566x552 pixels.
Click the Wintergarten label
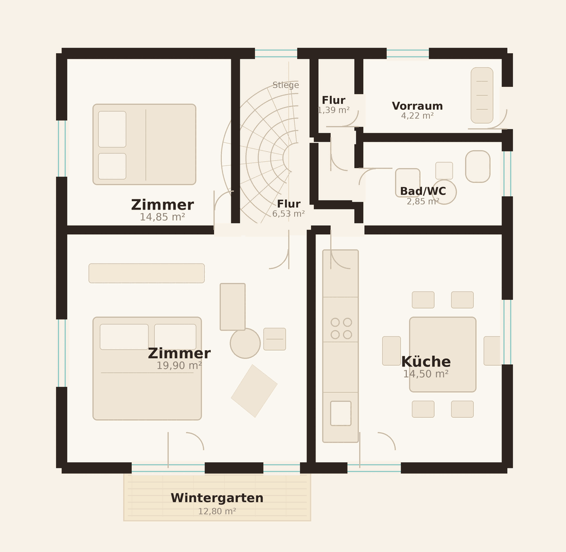pos(217,498)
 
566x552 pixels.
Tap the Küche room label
pos(426,361)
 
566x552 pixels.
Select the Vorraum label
pos(417,106)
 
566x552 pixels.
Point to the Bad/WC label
pos(423,191)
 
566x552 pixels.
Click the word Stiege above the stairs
pos(286,85)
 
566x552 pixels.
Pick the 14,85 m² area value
pos(163,217)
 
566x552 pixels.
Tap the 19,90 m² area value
pos(179,365)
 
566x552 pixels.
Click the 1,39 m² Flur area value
pos(333,110)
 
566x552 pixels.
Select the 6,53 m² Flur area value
pos(289,214)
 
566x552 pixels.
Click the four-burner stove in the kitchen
pos(341,328)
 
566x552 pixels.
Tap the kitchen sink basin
pos(341,414)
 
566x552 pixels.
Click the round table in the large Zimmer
pos(245,343)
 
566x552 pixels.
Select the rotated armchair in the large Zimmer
pos(254,391)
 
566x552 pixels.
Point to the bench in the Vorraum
pos(482,95)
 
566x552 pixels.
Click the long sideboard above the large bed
pos(147,273)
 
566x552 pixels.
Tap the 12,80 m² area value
pos(217,511)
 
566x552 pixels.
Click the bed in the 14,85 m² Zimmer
pos(145,145)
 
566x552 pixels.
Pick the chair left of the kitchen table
pos(391,351)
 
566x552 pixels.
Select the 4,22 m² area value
pos(417,116)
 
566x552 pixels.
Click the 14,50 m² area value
pos(426,374)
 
